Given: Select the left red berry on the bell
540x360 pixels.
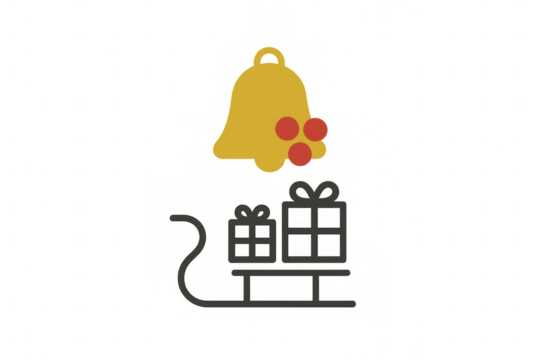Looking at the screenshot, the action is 287,128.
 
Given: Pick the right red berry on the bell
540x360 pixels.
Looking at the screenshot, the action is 316,129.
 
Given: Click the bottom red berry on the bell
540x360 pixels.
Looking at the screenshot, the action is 300,154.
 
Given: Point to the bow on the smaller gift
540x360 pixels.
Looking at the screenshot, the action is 251,212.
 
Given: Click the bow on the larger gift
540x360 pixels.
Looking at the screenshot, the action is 314,190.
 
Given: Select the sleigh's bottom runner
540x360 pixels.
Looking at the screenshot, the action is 270,304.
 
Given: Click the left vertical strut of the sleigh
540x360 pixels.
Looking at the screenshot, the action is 247,287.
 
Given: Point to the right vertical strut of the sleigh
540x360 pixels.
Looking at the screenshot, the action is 318,287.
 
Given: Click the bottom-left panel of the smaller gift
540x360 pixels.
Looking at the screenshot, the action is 241,250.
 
